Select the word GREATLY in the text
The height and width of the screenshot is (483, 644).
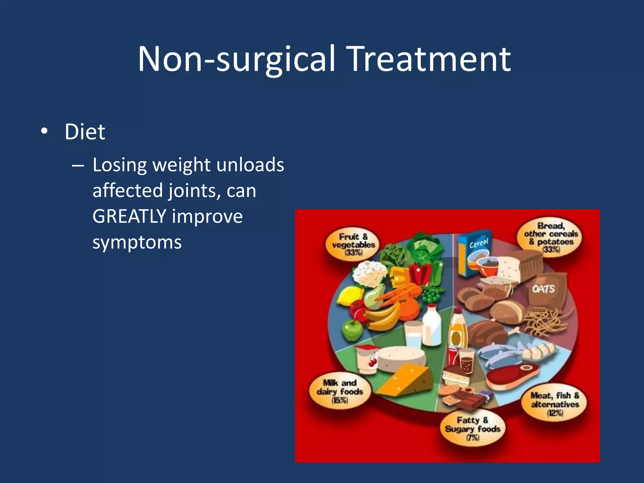(129, 217)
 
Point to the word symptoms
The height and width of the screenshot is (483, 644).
(137, 242)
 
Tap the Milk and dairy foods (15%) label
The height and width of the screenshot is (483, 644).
(340, 391)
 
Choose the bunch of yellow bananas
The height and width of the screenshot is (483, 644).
(382, 317)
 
